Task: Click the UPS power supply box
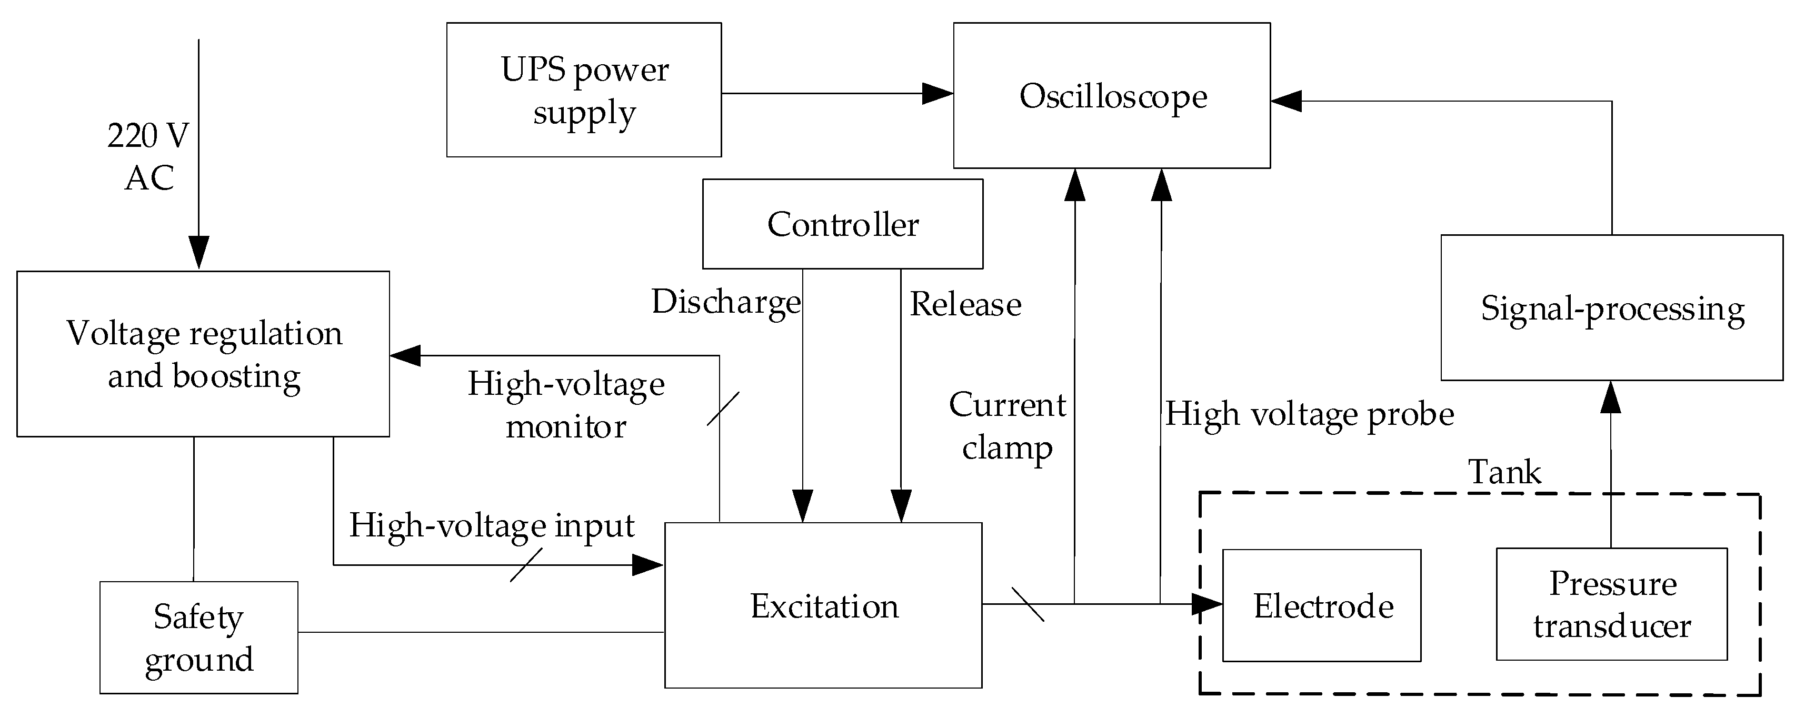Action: click(x=584, y=89)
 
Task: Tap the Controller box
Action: click(x=842, y=224)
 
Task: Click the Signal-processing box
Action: click(x=1612, y=308)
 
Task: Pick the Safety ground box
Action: click(x=198, y=638)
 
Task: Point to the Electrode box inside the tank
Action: click(x=1322, y=605)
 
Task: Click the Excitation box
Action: click(x=823, y=605)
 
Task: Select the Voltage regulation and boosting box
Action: click(x=203, y=354)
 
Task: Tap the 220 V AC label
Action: click(x=148, y=156)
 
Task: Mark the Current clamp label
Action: click(x=1007, y=426)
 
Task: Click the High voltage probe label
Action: click(x=1309, y=414)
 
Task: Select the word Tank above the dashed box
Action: click(x=1504, y=472)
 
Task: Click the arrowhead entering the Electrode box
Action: click(x=1206, y=603)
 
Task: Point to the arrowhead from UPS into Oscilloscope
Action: click(x=937, y=93)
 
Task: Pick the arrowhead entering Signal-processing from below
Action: click(x=1611, y=397)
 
